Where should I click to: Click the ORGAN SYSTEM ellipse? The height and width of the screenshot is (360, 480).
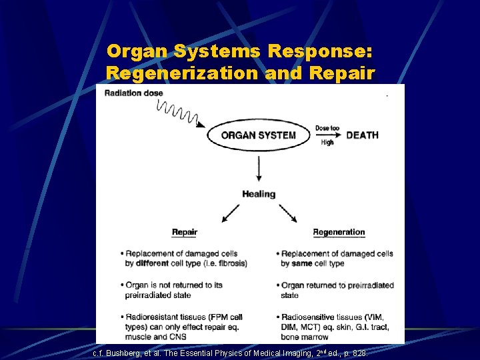(x=259, y=135)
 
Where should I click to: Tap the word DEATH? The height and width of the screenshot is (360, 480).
(x=362, y=135)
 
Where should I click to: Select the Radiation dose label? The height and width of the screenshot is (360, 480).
(x=133, y=93)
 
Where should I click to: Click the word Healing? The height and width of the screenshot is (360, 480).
(x=259, y=194)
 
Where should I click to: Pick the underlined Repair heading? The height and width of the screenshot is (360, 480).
(x=185, y=233)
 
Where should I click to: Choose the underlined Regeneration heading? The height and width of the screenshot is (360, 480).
(x=339, y=233)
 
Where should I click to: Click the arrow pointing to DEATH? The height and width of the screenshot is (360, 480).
(x=327, y=135)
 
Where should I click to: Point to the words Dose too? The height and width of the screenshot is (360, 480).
(x=327, y=127)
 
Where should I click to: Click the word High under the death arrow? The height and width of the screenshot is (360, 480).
(x=327, y=143)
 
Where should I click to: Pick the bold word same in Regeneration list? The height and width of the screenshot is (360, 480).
(x=303, y=263)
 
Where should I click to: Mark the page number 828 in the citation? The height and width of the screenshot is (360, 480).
(x=359, y=353)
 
